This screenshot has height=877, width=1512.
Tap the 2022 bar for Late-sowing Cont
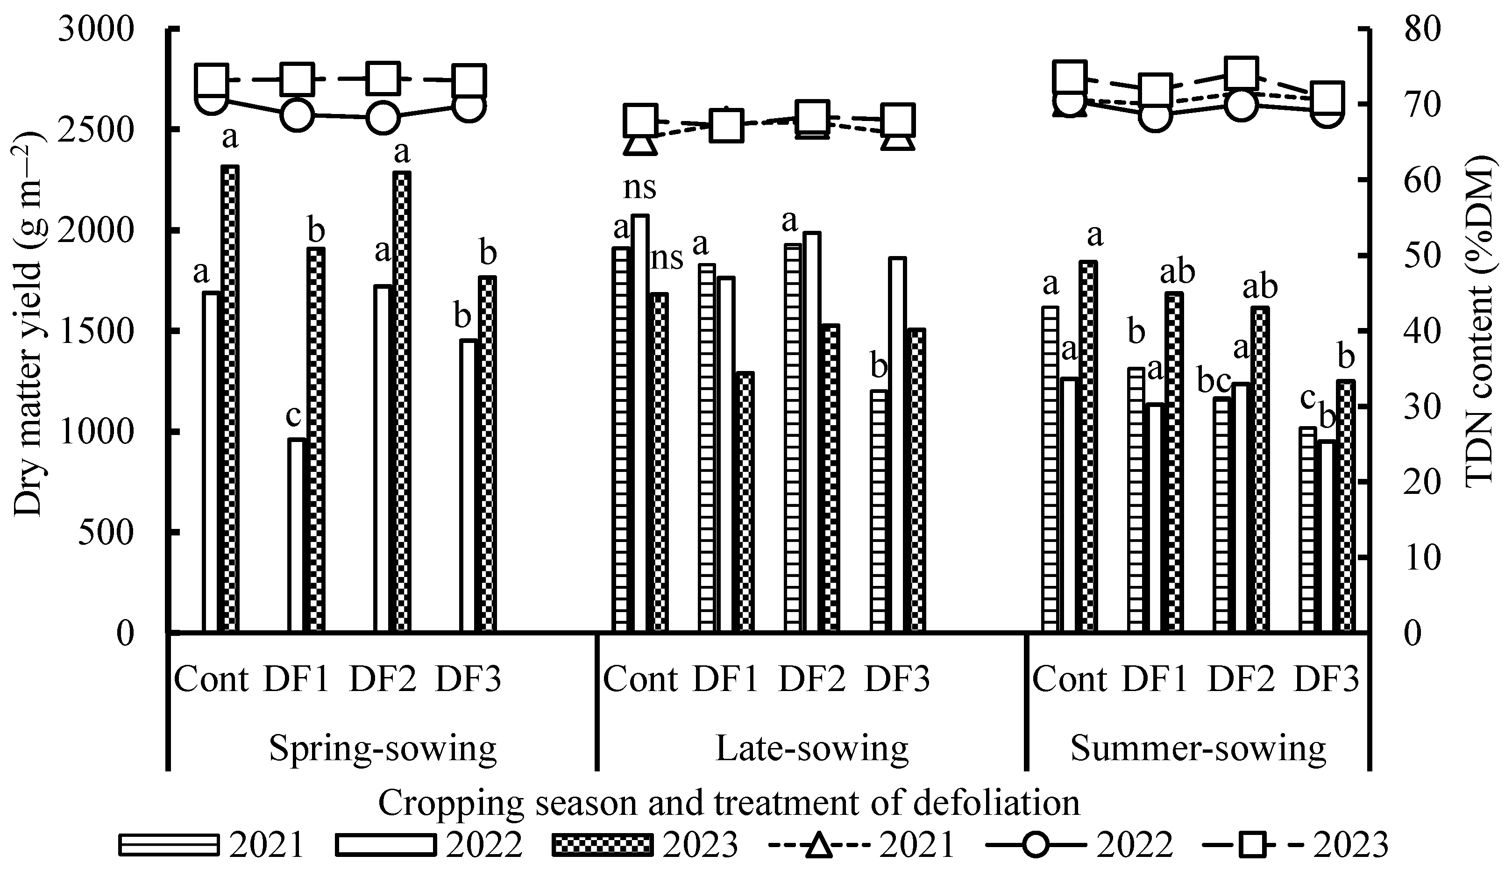639,423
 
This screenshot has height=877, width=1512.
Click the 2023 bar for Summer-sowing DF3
1345,506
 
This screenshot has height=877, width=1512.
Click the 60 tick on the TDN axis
1422,181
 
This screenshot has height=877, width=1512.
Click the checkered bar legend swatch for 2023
601,845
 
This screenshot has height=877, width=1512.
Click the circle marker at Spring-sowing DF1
297,115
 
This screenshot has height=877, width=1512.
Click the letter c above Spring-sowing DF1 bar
293,415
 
